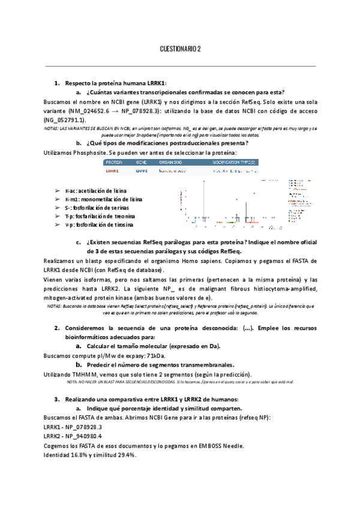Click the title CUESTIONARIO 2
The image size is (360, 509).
[x=180, y=50]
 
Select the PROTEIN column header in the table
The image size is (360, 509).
[x=114, y=163]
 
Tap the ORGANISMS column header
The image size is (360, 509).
[x=172, y=163]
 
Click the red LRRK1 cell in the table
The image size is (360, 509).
[x=112, y=171]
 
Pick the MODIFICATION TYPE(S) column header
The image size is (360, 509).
[x=234, y=163]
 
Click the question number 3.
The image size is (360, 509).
[x=56, y=399]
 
